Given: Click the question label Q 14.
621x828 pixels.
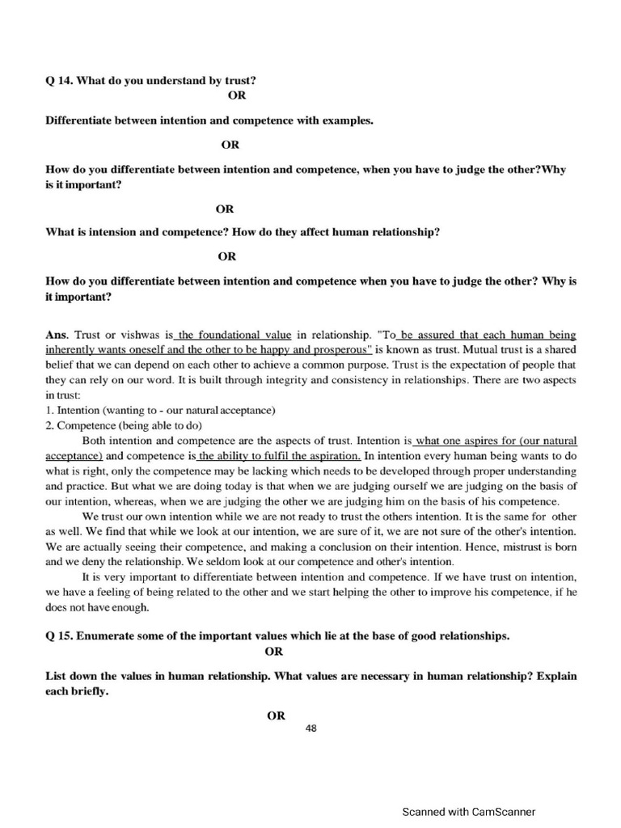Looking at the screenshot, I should coord(59,81).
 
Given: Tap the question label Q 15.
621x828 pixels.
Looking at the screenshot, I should coord(59,636).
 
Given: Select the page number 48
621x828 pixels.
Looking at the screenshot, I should coord(311,729).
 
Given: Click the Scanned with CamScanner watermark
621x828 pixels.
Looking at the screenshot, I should coord(469,812).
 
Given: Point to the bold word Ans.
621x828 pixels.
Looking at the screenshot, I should coord(57,334).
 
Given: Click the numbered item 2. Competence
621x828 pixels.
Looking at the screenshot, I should coord(84,425).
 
